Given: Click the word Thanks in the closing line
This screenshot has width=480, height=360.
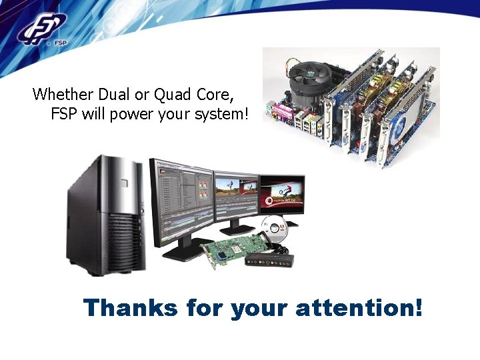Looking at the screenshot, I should point(131,308).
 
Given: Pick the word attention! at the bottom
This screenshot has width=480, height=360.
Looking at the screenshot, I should point(359,308).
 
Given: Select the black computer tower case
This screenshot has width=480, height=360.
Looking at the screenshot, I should point(107,213).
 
